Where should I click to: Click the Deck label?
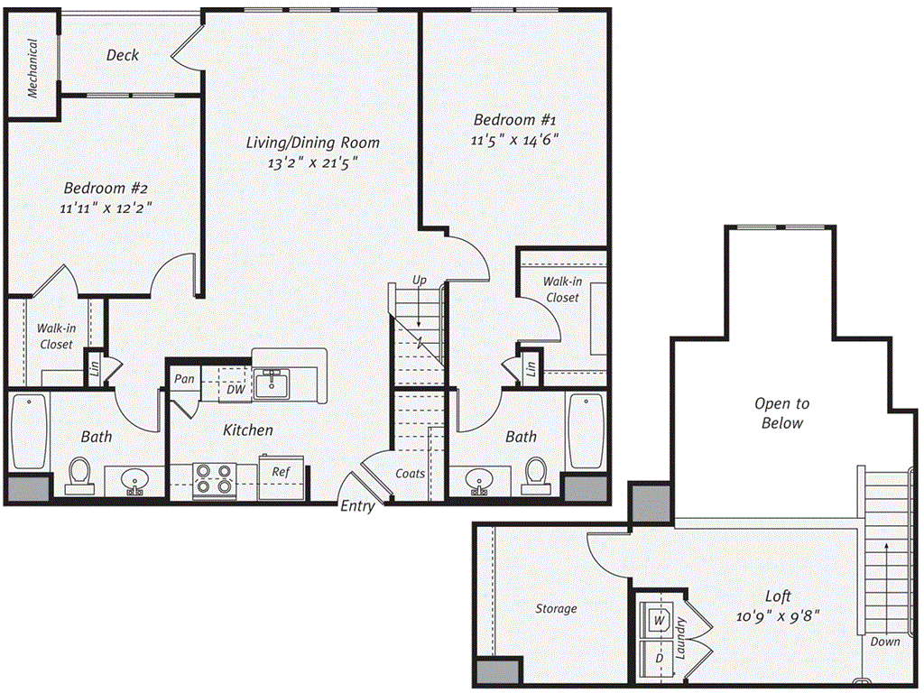123,55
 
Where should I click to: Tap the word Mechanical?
32,68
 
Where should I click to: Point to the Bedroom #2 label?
106,189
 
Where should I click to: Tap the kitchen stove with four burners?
214,479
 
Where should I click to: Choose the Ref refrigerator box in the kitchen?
282,472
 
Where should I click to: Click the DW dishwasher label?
236,389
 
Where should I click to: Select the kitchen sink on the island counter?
270,384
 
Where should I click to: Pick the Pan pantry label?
184,379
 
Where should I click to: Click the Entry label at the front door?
357,506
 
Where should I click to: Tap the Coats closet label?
411,473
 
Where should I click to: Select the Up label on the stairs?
419,281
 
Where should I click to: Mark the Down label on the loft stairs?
886,642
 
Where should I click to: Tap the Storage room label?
556,609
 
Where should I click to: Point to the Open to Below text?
781,413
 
